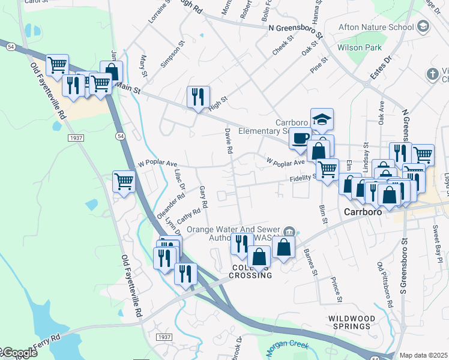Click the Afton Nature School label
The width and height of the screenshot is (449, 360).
pyautogui.click(x=376, y=27)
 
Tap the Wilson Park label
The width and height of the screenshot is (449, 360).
pyautogui.click(x=360, y=47)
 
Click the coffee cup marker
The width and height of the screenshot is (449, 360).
pyautogui.click(x=300, y=139)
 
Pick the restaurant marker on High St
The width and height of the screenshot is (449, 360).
pyautogui.click(x=197, y=97)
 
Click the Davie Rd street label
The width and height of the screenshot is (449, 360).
pyautogui.click(x=228, y=141)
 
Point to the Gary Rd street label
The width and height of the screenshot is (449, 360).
pyautogui.click(x=203, y=197)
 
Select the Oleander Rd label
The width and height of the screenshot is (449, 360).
pyautogui.click(x=170, y=206)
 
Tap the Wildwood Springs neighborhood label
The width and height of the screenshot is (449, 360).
pyautogui.click(x=351, y=322)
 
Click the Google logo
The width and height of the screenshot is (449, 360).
pyautogui.click(x=19, y=353)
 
